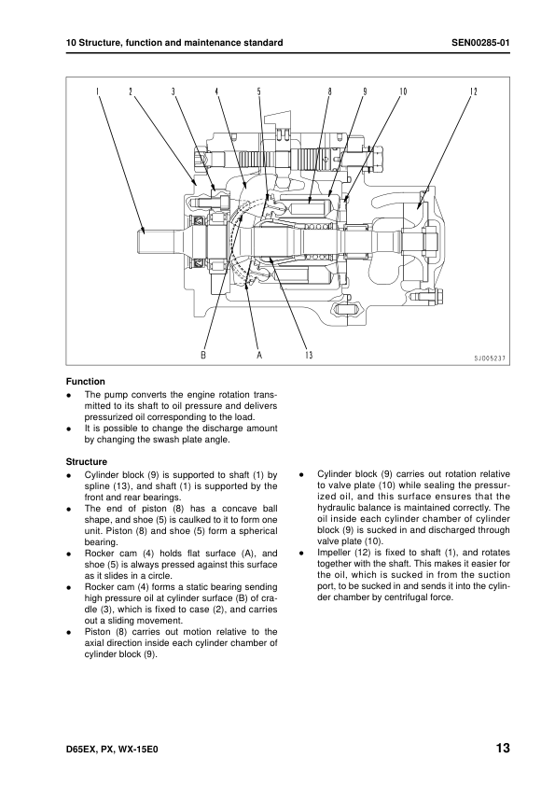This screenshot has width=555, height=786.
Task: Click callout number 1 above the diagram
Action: (98, 91)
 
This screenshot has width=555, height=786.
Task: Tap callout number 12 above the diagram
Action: (474, 91)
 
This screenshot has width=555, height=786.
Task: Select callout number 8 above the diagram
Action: (329, 91)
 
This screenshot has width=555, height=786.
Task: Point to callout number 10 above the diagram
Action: (403, 91)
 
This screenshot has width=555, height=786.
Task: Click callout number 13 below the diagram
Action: (309, 355)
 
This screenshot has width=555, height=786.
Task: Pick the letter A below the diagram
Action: (259, 355)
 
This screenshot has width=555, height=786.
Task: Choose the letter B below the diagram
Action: (203, 355)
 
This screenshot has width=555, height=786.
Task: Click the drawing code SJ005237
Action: (490, 358)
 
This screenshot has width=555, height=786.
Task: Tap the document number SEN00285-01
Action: (480, 43)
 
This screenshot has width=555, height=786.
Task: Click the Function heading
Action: (86, 382)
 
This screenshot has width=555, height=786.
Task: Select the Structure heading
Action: (87, 462)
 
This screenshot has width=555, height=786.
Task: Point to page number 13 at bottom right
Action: (503, 749)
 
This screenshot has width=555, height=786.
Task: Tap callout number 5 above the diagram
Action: (259, 91)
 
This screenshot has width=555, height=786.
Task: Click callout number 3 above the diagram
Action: (173, 91)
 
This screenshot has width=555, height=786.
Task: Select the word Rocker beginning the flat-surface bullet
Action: (99, 554)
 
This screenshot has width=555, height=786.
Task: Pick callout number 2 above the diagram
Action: (131, 91)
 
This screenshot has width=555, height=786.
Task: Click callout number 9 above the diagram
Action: (365, 91)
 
